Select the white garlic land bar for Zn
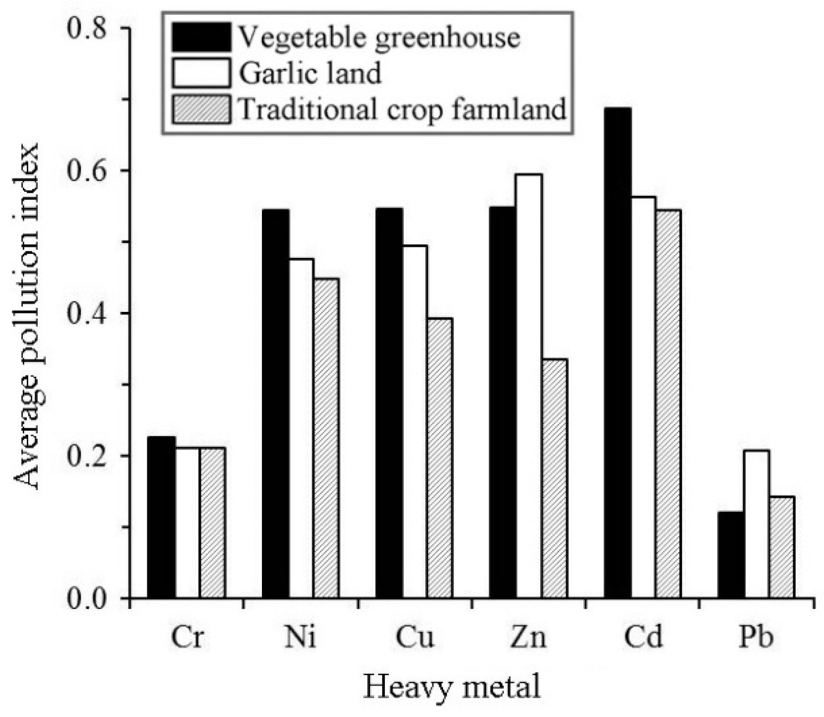point(529,387)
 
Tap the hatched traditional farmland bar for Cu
point(439,458)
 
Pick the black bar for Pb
point(731,555)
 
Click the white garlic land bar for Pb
point(757,524)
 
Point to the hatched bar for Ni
point(326,438)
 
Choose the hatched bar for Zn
point(554,478)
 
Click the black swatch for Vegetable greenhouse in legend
point(201,38)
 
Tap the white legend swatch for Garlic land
point(201,73)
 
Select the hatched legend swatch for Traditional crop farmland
point(201,109)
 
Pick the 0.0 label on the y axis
point(88,598)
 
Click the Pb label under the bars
point(756,638)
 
